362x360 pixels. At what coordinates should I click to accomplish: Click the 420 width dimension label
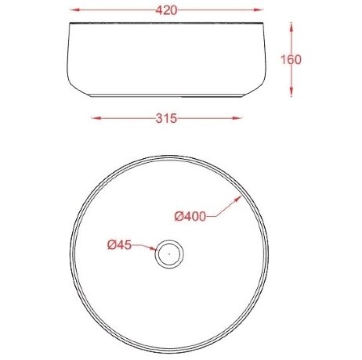[166, 10]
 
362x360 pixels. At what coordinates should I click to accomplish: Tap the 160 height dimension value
[291, 59]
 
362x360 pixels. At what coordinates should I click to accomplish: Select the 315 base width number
[166, 118]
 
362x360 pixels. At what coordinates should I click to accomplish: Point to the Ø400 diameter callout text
[190, 216]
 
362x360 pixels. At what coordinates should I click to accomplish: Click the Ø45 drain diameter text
[119, 245]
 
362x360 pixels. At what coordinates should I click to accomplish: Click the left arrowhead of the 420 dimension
[74, 10]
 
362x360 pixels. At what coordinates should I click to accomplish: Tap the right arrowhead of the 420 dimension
[258, 10]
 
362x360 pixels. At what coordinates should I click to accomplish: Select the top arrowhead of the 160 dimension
[291, 27]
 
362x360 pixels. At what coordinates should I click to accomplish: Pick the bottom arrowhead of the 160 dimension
[291, 92]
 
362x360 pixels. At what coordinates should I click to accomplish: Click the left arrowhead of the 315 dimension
[96, 118]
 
